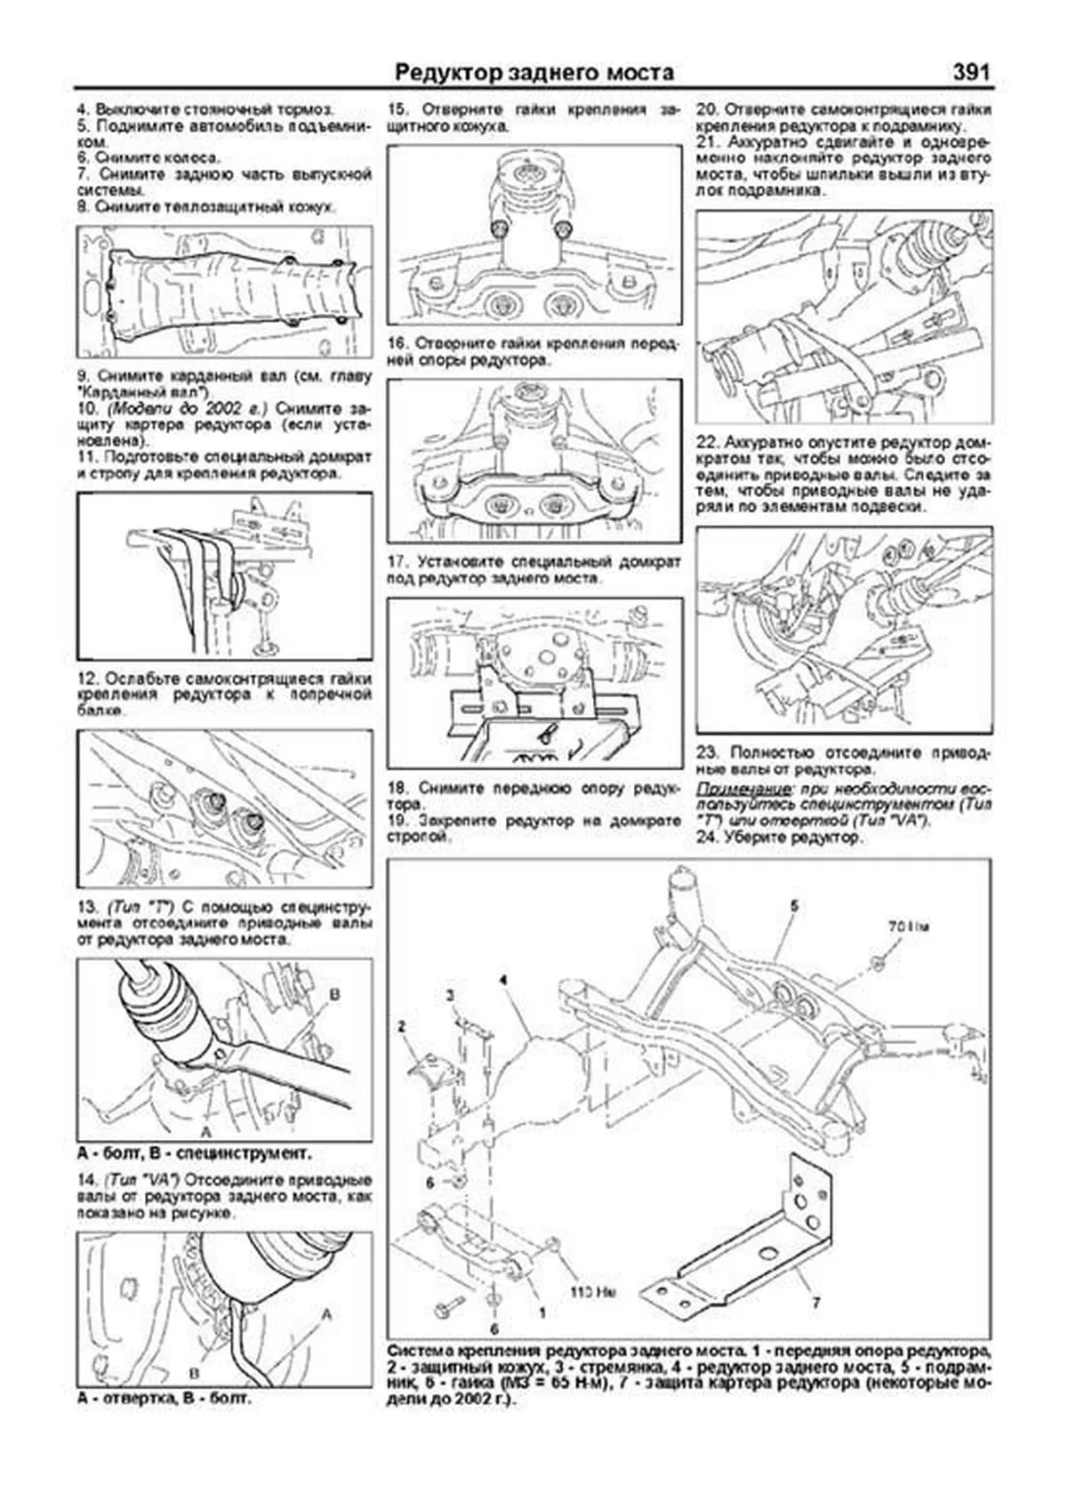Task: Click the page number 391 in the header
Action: click(x=970, y=72)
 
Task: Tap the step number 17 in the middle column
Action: click(x=397, y=562)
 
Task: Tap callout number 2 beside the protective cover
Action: click(x=402, y=1026)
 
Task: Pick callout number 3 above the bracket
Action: click(x=450, y=994)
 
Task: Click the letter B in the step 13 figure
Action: click(x=334, y=995)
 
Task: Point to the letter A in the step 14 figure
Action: click(x=326, y=1313)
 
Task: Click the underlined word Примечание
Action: click(x=737, y=790)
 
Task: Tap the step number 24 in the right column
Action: click(x=706, y=837)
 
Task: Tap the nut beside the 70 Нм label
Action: click(x=874, y=959)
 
